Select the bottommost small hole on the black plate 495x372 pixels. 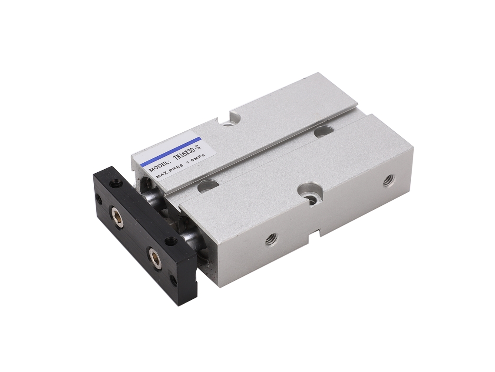pyautogui.click(x=173, y=279)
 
